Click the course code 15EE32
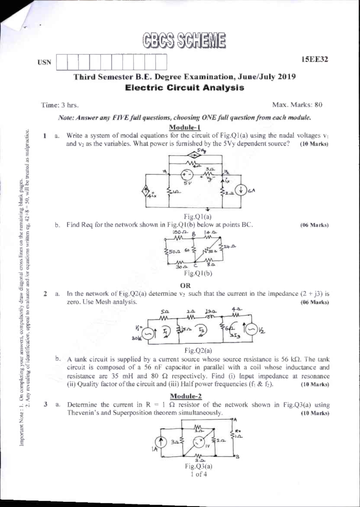coord(315,59)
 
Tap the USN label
coord(44,62)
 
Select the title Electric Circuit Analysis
coord(184,88)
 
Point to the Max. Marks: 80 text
coord(297,105)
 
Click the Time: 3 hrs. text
coord(60,105)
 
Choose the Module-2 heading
coord(186,396)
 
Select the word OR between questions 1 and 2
coord(186,285)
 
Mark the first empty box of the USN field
coord(62,62)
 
